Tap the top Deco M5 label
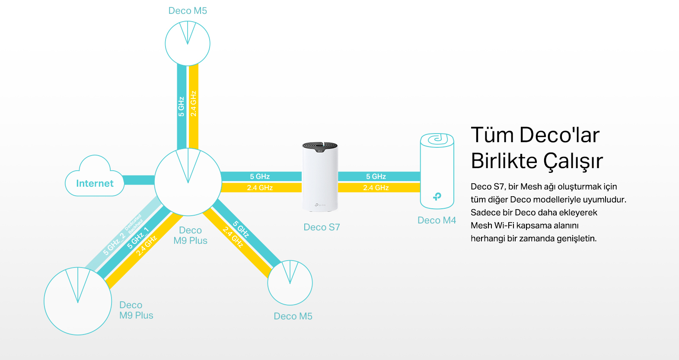coord(188,11)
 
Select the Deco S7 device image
coord(320,177)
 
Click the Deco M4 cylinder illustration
coord(437,171)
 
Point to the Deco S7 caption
coord(322,227)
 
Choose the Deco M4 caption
coord(437,220)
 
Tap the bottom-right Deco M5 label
coord(293,316)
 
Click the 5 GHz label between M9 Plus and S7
coord(260,176)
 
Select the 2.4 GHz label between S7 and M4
coord(376,188)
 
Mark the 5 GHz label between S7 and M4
coord(376,176)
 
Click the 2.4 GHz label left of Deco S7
coord(260,188)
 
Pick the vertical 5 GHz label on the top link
coord(182,106)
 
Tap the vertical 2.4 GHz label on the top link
coord(193,104)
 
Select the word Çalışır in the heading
coord(573,161)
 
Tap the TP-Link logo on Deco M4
coord(437,197)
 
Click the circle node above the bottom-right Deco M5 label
coord(290,283)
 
